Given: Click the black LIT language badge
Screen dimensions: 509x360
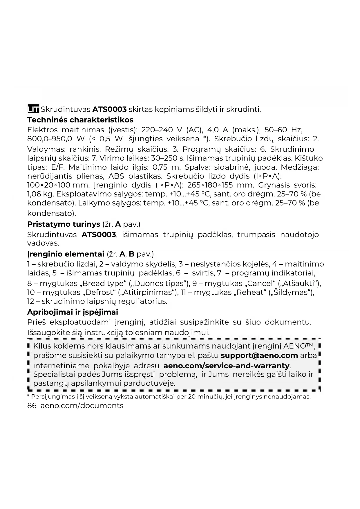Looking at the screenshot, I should (33, 109).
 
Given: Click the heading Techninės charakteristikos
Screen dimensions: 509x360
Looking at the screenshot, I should (80, 120).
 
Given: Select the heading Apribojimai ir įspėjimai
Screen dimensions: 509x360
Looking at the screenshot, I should (73, 312).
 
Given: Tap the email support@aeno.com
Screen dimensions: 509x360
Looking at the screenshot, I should (259, 355).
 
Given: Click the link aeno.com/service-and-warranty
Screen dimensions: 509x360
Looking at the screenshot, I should (226, 365).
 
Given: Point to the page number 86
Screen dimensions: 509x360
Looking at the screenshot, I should (32, 405).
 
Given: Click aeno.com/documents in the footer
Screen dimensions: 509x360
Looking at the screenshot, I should (82, 405).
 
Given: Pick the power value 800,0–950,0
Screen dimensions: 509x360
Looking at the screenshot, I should (50, 139).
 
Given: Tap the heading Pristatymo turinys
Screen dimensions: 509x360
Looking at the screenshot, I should (64, 224).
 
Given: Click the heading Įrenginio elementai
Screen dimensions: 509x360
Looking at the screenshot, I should (66, 254).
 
